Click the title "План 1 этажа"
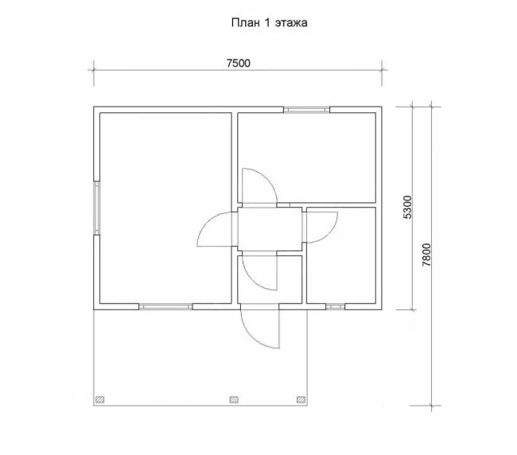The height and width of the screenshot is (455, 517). click(x=270, y=23)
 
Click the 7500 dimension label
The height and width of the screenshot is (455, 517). click(x=239, y=63)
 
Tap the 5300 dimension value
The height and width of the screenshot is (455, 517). click(x=408, y=207)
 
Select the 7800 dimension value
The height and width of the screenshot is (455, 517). click(x=426, y=255)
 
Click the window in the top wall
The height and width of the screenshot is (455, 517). click(x=307, y=110)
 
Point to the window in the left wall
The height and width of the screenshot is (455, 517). click(x=96, y=208)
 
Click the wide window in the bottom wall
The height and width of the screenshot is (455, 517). click(x=165, y=306)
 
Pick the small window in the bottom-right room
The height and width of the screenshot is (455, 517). click(x=336, y=306)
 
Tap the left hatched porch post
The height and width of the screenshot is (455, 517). click(x=99, y=399)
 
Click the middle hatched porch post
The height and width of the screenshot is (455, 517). click(x=234, y=399)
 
